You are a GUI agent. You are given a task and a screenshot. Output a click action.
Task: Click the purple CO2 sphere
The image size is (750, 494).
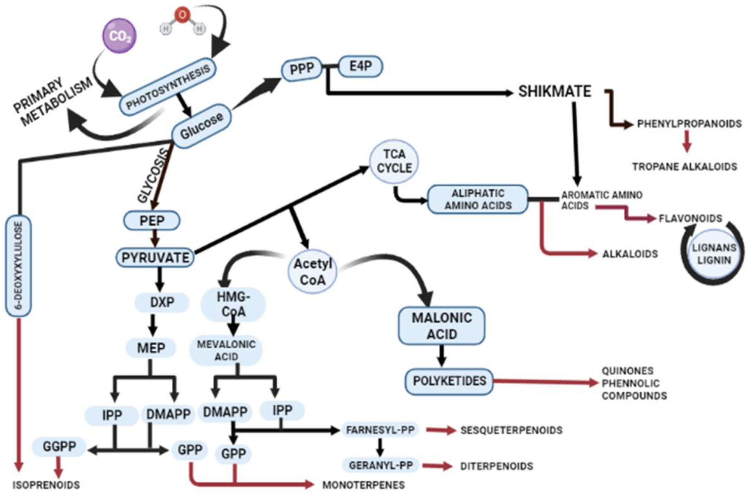coord(119,36)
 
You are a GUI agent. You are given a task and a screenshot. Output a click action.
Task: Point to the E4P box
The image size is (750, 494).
coord(360,67)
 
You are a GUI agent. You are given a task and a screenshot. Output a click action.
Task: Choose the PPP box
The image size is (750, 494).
coord(302,69)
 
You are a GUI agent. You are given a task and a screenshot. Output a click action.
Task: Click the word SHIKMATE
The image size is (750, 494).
coord(555,92)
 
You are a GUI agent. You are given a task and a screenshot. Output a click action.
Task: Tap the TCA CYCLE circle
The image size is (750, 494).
coord(394,161)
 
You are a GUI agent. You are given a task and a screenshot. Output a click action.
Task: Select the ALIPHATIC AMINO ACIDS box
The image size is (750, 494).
coord(477,199)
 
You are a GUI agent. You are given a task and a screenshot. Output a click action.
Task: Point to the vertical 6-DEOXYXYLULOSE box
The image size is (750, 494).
coord(18,265)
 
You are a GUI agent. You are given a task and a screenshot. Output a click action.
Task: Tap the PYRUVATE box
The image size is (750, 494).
coord(155,258)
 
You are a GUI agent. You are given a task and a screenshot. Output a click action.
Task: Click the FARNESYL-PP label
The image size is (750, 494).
coord(380,430)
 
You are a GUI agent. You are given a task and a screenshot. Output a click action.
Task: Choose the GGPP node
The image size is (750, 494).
coord(59,446)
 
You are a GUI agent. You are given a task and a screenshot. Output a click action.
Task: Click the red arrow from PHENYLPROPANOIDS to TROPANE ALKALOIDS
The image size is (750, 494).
coord(687,145)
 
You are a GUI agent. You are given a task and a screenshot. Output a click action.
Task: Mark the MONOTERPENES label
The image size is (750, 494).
coord(363,485)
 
